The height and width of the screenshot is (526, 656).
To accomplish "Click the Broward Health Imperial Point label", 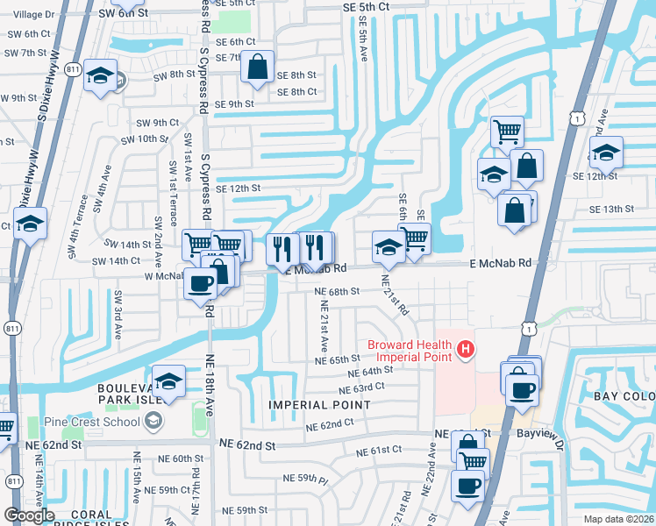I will [x=410, y=350].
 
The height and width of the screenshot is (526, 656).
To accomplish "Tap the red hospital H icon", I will [x=466, y=351].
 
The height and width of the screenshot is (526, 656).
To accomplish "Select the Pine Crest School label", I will [x=96, y=422].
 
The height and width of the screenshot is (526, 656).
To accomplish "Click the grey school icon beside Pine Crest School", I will [x=153, y=422].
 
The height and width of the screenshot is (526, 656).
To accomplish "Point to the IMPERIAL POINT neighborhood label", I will [x=319, y=405].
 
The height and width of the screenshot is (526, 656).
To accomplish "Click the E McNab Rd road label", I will [x=500, y=262].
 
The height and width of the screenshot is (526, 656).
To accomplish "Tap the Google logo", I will [x=30, y=515].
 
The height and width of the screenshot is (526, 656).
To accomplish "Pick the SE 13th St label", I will [x=611, y=209].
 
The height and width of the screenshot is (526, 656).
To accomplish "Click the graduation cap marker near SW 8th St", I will [x=101, y=75].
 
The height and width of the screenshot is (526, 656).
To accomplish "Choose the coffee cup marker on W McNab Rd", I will [x=201, y=283].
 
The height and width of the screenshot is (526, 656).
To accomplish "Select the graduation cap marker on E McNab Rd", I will [x=388, y=246].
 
